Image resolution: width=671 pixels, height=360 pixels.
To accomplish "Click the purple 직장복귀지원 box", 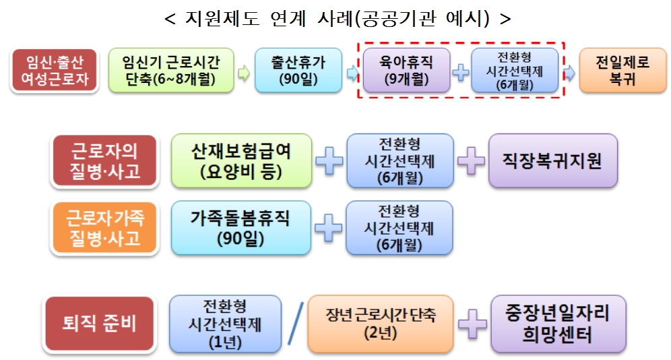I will (552, 160).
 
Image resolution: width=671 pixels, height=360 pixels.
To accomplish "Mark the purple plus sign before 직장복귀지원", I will (471, 161).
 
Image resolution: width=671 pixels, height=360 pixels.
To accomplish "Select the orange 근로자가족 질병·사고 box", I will (104, 227).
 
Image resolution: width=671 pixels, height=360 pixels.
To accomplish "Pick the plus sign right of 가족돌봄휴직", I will (329, 227).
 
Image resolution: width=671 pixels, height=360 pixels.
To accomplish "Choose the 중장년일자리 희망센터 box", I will (558, 323).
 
